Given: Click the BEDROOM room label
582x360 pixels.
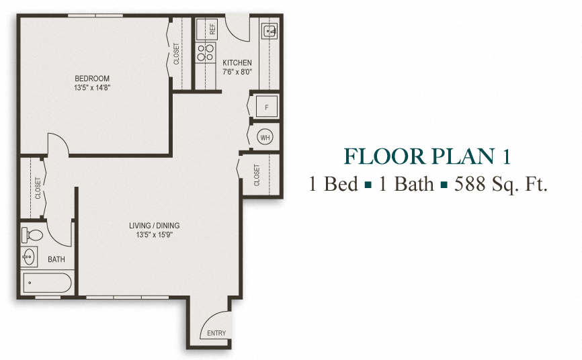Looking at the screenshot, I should (x=92, y=79).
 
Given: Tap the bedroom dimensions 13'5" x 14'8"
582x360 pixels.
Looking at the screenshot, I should (x=92, y=87).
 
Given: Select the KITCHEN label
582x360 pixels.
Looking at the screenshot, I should (x=237, y=63).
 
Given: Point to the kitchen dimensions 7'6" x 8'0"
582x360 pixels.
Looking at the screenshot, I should (x=237, y=72).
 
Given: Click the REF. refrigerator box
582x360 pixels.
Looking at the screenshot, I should (x=212, y=29).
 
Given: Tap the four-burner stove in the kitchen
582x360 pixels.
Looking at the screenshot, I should (x=205, y=53).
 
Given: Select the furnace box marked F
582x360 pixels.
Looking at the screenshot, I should (x=266, y=107).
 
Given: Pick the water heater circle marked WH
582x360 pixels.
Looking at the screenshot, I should (x=265, y=136).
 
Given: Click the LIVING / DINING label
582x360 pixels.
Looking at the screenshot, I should (x=155, y=226).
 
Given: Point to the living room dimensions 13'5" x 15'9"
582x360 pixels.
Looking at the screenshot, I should (x=155, y=234).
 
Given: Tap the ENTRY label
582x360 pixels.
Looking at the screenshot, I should (x=216, y=334).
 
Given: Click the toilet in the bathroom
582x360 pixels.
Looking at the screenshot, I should (x=32, y=235).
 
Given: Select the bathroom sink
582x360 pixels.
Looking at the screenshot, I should (x=30, y=257).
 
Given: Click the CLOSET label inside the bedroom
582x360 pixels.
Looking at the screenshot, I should (x=177, y=54).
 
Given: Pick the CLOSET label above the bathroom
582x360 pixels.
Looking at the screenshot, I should (x=38, y=188).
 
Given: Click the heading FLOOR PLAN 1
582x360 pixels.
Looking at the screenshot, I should (x=427, y=156).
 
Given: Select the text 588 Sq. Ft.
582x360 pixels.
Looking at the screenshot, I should (x=501, y=183).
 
